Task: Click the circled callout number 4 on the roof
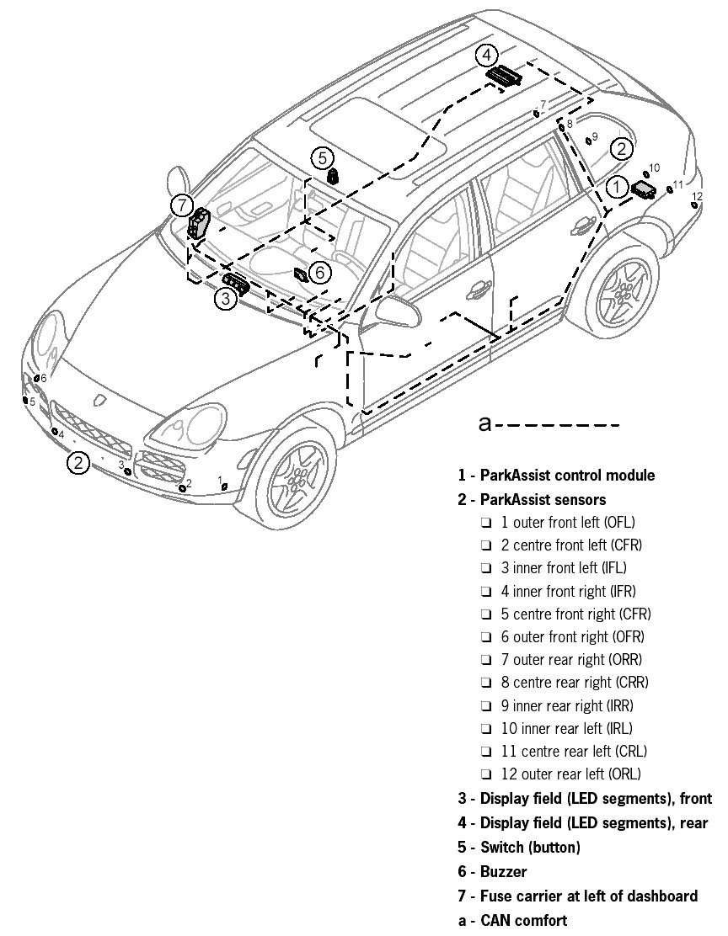pyautogui.click(x=486, y=56)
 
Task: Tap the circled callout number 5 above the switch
pyautogui.click(x=322, y=157)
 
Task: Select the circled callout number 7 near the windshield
pyautogui.click(x=181, y=205)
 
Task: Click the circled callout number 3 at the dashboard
pyautogui.click(x=226, y=298)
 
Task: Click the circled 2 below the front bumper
pyautogui.click(x=78, y=462)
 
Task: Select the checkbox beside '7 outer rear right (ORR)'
pyautogui.click(x=486, y=660)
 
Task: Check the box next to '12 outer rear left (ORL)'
pyautogui.click(x=486, y=774)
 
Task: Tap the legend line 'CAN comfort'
pyautogui.click(x=523, y=920)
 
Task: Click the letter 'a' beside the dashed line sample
pyautogui.click(x=484, y=423)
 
